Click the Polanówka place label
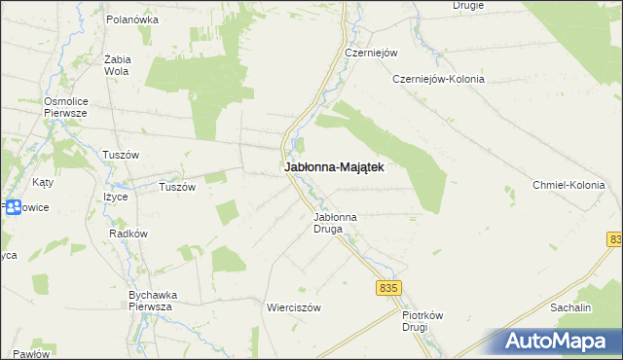(x=131, y=18)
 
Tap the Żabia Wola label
(x=117, y=64)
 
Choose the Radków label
(x=128, y=234)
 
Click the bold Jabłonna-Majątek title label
(x=334, y=167)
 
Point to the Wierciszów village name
(x=294, y=306)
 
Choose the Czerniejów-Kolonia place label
(x=438, y=79)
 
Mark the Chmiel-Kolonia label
(x=568, y=185)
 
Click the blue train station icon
(x=13, y=206)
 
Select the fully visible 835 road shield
(x=388, y=288)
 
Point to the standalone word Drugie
(x=468, y=5)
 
